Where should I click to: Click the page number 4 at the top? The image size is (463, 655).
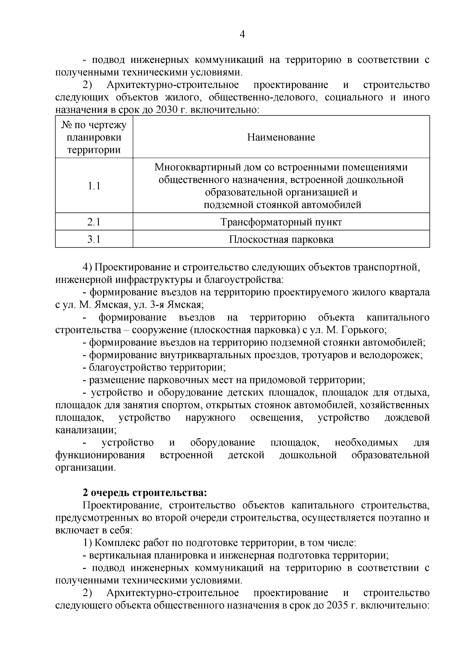tap(242, 35)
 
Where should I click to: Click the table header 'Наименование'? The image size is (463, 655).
tap(281, 137)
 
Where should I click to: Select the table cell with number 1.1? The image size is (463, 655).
tap(94, 186)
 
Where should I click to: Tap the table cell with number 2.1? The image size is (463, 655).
tap(94, 222)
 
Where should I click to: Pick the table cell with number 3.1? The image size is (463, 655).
tap(94, 239)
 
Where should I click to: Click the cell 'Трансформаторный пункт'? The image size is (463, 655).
tap(281, 222)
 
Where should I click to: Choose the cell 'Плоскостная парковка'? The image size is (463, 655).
tap(281, 239)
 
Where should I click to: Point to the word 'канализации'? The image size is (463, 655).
tap(86, 429)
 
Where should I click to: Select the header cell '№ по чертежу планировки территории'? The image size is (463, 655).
tap(94, 137)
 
